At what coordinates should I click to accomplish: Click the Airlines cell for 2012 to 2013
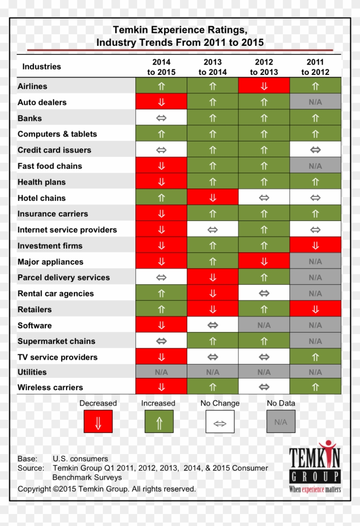(x=264, y=86)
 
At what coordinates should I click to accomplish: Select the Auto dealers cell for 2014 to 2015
(x=161, y=102)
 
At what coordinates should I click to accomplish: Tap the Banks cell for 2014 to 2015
(x=161, y=118)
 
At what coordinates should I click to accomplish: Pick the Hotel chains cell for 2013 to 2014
(x=213, y=198)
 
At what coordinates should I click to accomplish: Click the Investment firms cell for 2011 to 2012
(x=315, y=245)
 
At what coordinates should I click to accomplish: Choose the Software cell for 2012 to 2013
(x=264, y=325)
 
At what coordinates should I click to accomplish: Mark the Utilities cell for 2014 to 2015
(x=161, y=372)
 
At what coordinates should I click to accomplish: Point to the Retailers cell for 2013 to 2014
(x=213, y=309)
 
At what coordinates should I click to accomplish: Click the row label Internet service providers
(x=67, y=230)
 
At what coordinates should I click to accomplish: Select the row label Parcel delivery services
(x=63, y=278)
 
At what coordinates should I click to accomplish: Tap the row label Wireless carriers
(x=50, y=388)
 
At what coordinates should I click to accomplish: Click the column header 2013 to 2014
(x=213, y=67)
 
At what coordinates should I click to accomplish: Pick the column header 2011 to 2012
(x=315, y=67)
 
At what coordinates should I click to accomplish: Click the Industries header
(x=42, y=66)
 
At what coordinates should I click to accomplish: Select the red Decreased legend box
(x=98, y=421)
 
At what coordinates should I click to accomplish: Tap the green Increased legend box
(x=159, y=421)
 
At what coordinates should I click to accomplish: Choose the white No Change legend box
(x=220, y=421)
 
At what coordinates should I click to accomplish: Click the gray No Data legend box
(x=281, y=421)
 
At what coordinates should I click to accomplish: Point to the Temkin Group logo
(x=315, y=467)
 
